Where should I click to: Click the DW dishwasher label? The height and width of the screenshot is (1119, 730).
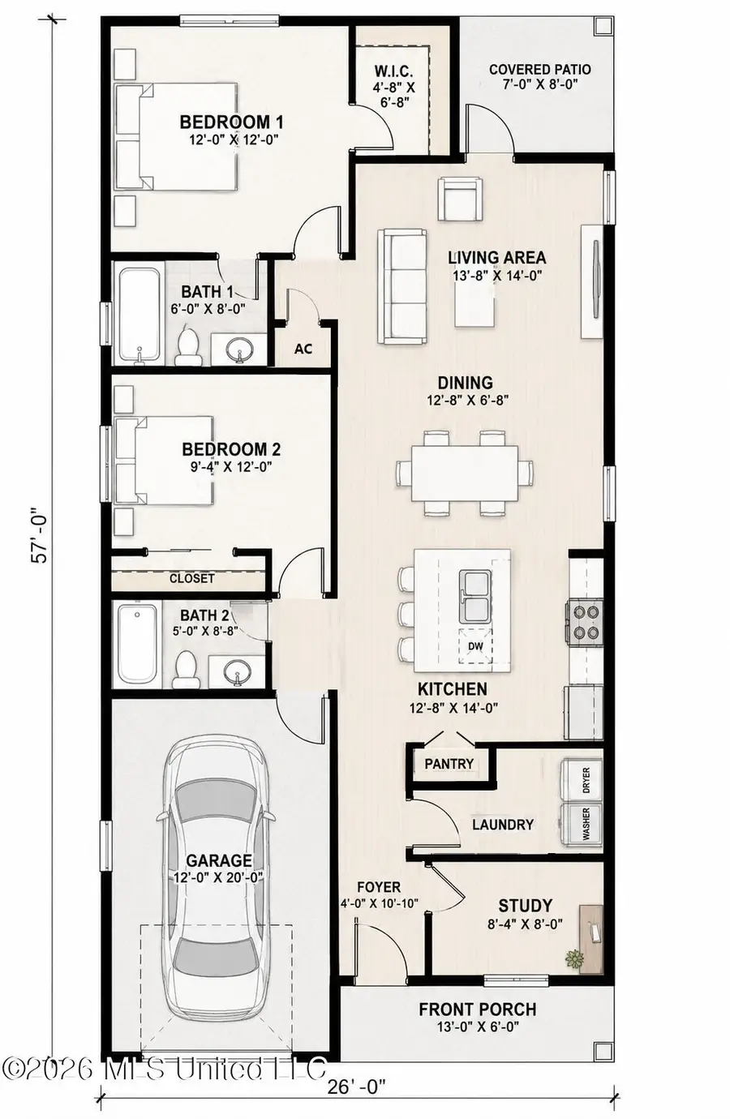[x=475, y=646]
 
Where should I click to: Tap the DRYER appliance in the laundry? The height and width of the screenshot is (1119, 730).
[x=582, y=780]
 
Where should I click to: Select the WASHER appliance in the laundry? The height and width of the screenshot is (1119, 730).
[x=582, y=825]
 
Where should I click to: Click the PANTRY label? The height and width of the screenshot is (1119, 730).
[x=449, y=763]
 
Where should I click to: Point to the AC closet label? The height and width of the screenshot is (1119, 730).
[x=303, y=349]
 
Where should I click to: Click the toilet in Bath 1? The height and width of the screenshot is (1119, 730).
[x=188, y=345]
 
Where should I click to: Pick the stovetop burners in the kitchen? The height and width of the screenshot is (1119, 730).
[x=585, y=622]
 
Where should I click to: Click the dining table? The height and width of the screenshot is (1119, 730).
[x=464, y=472]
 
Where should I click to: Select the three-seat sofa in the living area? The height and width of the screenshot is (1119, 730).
[x=401, y=286]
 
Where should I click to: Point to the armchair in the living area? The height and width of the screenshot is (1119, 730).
[x=460, y=199]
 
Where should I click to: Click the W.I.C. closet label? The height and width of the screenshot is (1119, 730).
[x=393, y=71]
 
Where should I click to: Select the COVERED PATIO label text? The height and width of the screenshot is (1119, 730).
[x=539, y=70]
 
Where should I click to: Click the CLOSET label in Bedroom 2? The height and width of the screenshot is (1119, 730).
[x=192, y=578]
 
